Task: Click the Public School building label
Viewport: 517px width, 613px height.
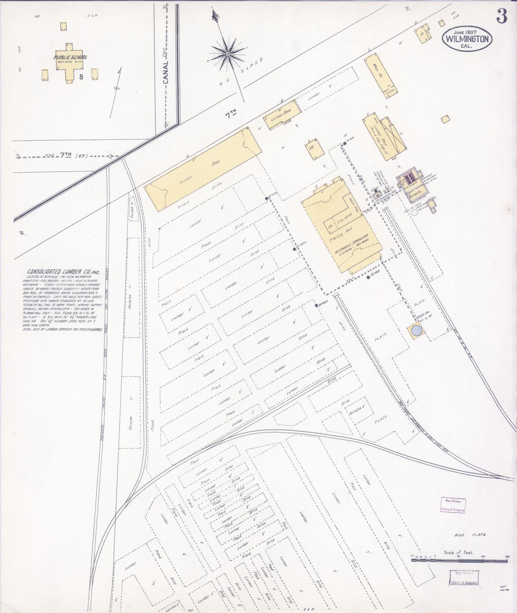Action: point(70,57)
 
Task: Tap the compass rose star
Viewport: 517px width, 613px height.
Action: point(227,54)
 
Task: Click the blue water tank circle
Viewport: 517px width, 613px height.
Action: point(416,330)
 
